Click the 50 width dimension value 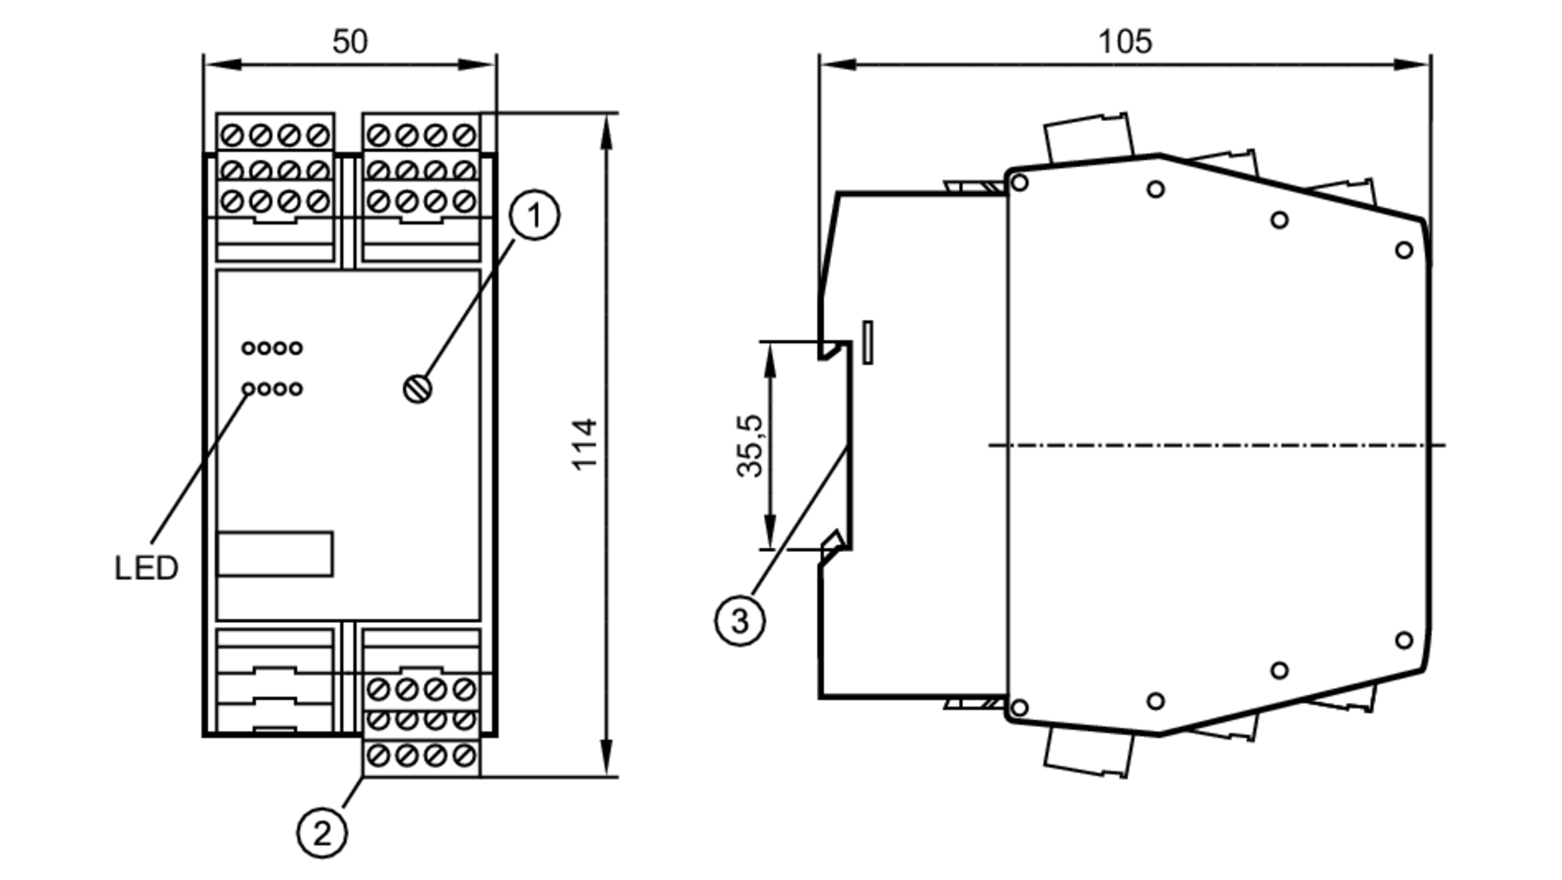click(349, 41)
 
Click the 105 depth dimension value click(1125, 41)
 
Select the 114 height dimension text click(585, 444)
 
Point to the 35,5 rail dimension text click(750, 445)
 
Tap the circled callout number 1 click(534, 215)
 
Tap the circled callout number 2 click(322, 833)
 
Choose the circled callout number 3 click(740, 622)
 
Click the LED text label click(146, 568)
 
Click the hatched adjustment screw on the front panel click(418, 389)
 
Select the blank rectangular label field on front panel click(275, 554)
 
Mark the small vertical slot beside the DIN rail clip click(867, 341)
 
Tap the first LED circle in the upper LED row click(248, 348)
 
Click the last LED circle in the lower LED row click(295, 388)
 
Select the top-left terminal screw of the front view click(232, 136)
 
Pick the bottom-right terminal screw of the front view click(464, 755)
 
